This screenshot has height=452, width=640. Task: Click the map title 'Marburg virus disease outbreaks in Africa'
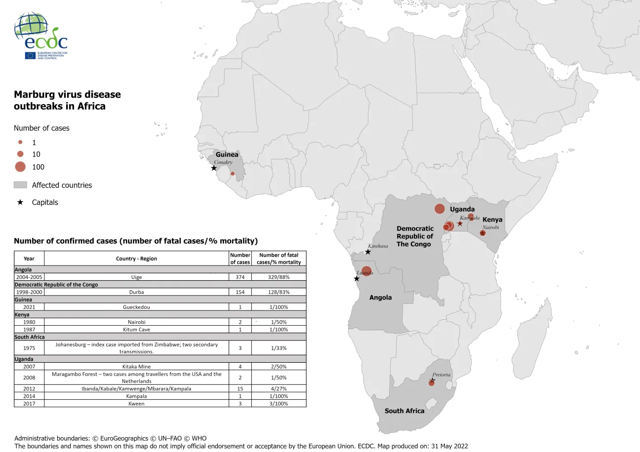pos(67,100)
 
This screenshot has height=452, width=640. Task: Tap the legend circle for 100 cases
pos(20,167)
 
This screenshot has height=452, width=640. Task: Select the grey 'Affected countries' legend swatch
pos(20,185)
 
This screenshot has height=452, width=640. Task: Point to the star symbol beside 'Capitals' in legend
pos(20,202)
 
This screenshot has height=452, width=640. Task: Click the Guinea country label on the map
pos(227,154)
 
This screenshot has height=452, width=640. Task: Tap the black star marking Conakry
pos(214,168)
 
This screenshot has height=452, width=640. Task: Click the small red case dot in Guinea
pos(233,174)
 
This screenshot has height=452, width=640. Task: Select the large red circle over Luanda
pos(366,271)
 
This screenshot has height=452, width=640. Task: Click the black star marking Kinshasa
pos(368,252)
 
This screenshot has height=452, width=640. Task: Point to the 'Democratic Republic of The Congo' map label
pos(415,236)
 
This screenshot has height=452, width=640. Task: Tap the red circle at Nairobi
pos(482,233)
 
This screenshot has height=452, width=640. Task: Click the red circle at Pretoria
pos(431,383)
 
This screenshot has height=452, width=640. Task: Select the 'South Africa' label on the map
pos(404,411)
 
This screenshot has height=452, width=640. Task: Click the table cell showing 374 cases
pos(240,277)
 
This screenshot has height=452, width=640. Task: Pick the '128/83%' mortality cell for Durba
pos(279,292)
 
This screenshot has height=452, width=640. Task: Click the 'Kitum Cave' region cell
pos(136,329)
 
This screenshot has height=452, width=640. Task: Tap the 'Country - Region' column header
pos(136,259)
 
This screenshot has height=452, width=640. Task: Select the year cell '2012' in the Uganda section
pos(29,389)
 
